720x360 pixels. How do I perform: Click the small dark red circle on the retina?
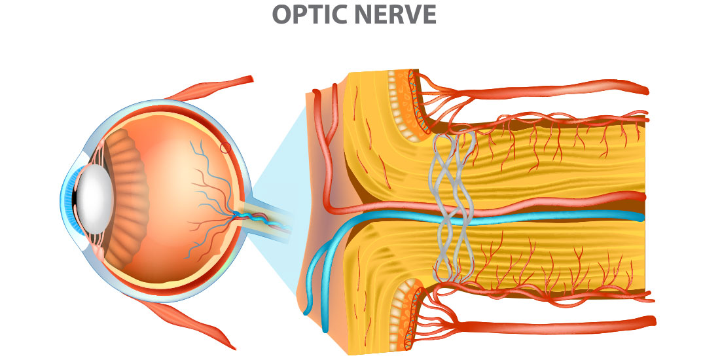tap(226, 148)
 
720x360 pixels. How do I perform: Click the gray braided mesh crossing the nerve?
tap(452, 207)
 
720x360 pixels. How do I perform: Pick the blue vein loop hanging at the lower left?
tap(317, 276)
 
